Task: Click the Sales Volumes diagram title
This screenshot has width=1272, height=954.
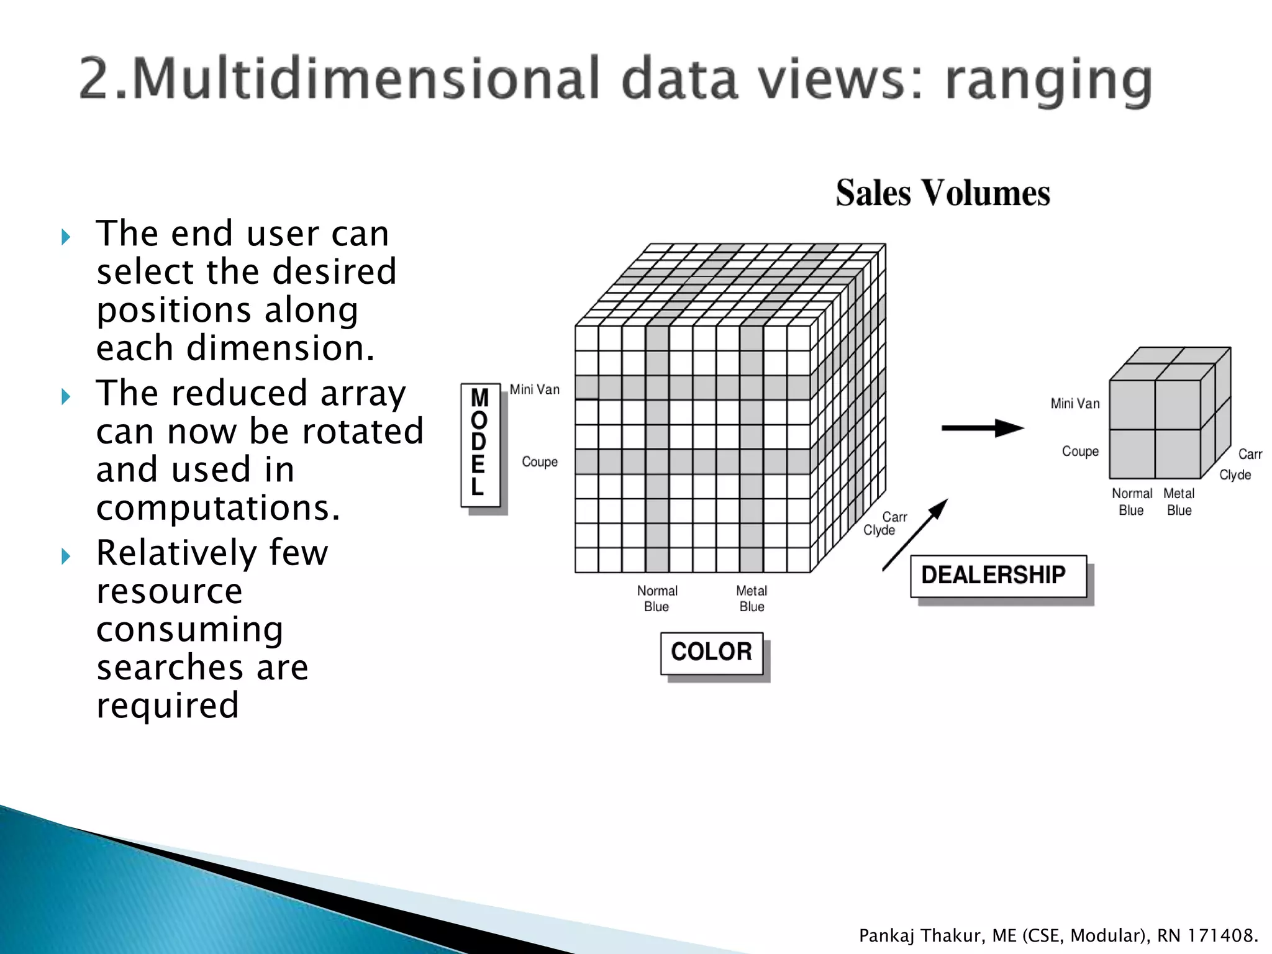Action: tap(942, 193)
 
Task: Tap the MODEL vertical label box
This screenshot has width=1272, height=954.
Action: tap(480, 445)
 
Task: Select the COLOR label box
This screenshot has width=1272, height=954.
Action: tap(712, 653)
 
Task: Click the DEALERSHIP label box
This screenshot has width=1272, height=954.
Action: tap(997, 576)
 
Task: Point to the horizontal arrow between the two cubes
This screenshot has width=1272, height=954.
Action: tap(982, 428)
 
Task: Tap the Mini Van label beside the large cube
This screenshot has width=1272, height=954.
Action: tap(534, 389)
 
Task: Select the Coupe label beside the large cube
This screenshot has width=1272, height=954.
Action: tap(539, 462)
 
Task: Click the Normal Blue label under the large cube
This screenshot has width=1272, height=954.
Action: tap(657, 599)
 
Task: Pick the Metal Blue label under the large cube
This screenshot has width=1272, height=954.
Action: tap(752, 599)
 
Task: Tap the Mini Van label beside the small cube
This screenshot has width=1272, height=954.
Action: tap(1074, 404)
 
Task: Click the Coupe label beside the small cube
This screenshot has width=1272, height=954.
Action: tap(1080, 452)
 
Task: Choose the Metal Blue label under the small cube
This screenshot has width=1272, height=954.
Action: tap(1179, 502)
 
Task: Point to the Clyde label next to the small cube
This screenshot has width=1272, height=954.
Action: tap(1235, 475)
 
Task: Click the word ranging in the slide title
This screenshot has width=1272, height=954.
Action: tap(1048, 81)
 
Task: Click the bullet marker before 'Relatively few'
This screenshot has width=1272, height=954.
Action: tap(66, 556)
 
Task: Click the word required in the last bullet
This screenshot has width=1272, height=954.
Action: tap(168, 706)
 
